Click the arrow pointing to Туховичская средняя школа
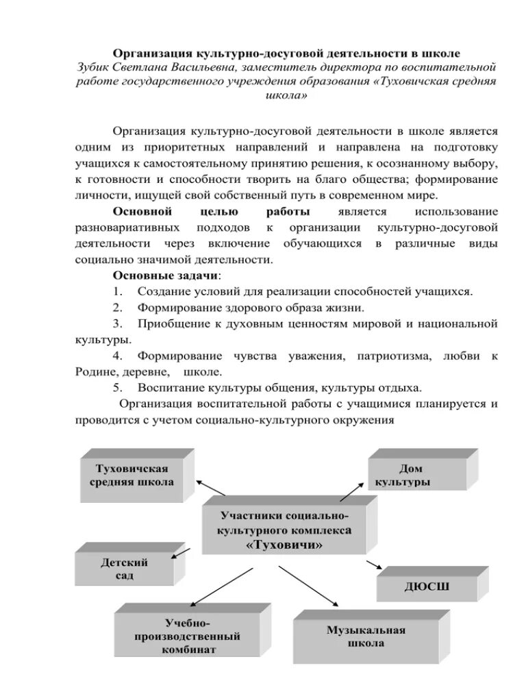(x=211, y=488)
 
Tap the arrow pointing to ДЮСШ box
(x=373, y=565)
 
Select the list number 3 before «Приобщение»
(x=117, y=323)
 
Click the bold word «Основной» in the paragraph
(x=142, y=212)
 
